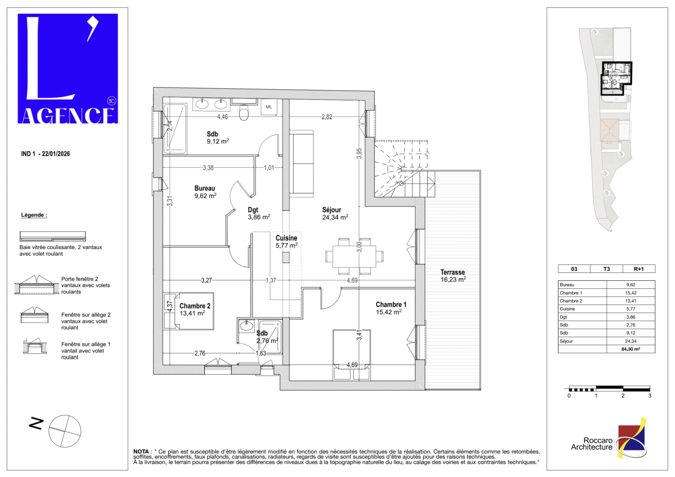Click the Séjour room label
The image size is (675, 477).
coord(332,210)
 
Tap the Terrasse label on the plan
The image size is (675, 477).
coord(453,273)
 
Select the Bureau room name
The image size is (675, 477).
coord(204,189)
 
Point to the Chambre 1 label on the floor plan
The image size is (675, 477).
coord(391,305)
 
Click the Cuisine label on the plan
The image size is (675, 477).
coord(287,238)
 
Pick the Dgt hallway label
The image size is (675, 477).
coord(253,210)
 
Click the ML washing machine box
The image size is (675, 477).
coord(269,107)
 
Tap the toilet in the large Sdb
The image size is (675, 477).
coord(244,113)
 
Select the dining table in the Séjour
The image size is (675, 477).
coord(354,256)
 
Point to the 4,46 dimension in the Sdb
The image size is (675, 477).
coord(222,117)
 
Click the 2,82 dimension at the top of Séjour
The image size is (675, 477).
coord(327,117)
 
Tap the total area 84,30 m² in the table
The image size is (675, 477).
coord(630,349)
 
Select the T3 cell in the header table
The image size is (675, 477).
coord(607,269)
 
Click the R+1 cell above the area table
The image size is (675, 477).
coord(638,269)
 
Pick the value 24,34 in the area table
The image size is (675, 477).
coord(630,341)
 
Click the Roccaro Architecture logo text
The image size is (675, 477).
coord(592,444)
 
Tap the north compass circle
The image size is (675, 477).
coord(65,431)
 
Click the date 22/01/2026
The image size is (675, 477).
coord(56,154)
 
